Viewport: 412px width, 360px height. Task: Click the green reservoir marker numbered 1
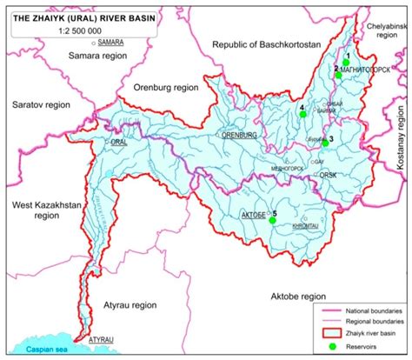(x=348, y=59)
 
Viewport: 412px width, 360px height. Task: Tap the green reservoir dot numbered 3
(x=325, y=143)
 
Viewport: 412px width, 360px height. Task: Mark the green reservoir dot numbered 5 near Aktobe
(x=272, y=221)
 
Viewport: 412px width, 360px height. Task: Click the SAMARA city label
(x=110, y=41)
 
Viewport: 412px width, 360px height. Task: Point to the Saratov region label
(x=37, y=103)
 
